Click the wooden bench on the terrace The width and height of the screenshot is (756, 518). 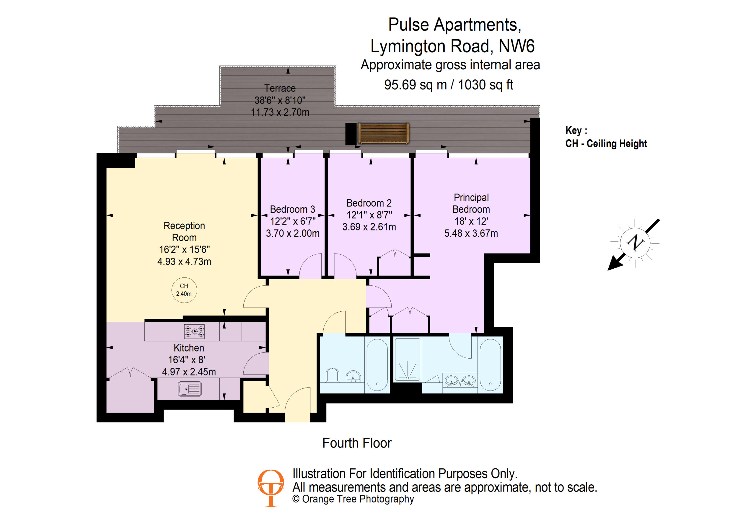click(x=383, y=133)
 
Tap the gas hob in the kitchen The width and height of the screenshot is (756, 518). click(x=195, y=331)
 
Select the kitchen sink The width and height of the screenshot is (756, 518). click(x=190, y=389)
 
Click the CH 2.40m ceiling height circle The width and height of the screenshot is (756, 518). click(x=184, y=290)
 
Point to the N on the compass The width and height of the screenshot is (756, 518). click(x=635, y=242)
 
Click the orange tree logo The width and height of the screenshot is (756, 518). click(x=271, y=488)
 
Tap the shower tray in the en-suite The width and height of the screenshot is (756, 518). click(x=407, y=359)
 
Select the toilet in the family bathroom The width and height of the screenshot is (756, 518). click(x=333, y=375)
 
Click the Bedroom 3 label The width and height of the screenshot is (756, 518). click(x=292, y=209)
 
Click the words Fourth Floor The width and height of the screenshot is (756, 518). click(x=357, y=443)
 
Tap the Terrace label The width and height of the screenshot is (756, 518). click(x=280, y=88)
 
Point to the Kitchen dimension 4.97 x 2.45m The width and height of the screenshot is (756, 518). click(x=189, y=372)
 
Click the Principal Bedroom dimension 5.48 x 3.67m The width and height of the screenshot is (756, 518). click(x=471, y=233)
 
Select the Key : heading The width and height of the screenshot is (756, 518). click(x=576, y=130)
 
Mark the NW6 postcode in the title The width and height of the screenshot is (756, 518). click(x=517, y=46)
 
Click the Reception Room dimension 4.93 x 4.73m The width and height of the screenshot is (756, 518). click(x=184, y=262)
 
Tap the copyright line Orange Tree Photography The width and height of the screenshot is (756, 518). click(x=353, y=499)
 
